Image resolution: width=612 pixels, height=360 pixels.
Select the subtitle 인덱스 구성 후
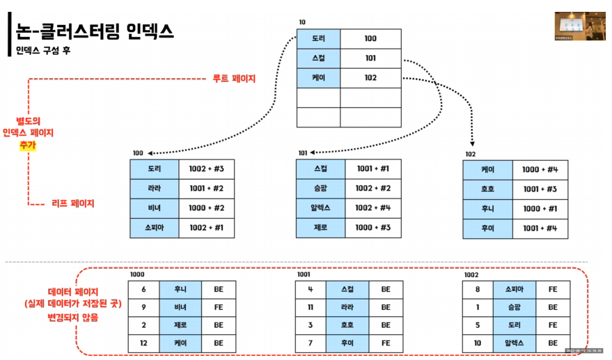point(43,51)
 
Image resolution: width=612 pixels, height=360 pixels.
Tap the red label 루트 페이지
point(233,79)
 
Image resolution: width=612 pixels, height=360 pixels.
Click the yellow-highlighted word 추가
point(28,145)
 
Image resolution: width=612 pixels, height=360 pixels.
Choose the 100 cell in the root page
point(370,39)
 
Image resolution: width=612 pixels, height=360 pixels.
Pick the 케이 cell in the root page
point(319,78)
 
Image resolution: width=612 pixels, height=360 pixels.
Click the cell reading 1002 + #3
point(206,169)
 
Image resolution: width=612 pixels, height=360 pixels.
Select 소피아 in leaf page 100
point(155,228)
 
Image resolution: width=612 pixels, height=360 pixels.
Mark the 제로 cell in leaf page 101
point(320,228)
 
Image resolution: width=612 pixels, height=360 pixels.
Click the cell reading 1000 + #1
point(540,208)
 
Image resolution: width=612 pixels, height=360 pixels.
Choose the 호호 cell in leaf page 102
point(487,189)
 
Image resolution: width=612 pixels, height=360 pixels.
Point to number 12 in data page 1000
point(143,343)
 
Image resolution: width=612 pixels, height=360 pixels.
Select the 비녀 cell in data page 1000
point(180,306)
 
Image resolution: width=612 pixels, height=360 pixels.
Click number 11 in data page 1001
point(311,306)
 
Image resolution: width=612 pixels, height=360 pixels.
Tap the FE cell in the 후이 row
point(385,343)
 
